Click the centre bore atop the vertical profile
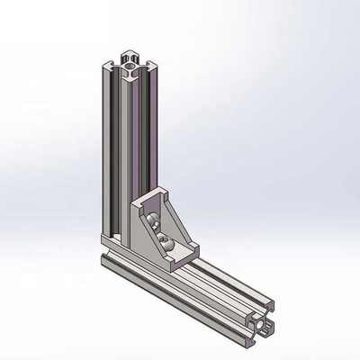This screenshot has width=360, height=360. click(131, 65)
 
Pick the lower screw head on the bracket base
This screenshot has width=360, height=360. click(167, 241)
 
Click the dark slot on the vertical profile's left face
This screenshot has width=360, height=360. click(111, 153)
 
